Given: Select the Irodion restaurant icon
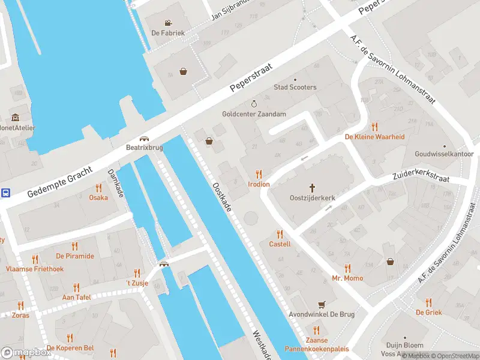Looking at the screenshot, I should (259, 174).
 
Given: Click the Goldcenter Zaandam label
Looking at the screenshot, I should (254, 114).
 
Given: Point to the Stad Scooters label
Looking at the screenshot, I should (295, 88).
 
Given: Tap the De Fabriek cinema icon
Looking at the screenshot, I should (160, 23).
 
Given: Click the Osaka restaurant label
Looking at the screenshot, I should (98, 197).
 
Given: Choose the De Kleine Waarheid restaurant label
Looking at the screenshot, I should (374, 137).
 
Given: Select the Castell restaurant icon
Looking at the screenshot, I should (280, 234).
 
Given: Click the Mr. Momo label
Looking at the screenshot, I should (347, 278).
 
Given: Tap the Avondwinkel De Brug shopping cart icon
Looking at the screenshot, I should (321, 304).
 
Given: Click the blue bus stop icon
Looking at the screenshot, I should (5, 193).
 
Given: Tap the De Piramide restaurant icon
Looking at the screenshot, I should (75, 246).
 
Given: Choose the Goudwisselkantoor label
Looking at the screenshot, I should (444, 154).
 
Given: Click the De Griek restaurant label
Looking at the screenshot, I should (428, 312).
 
